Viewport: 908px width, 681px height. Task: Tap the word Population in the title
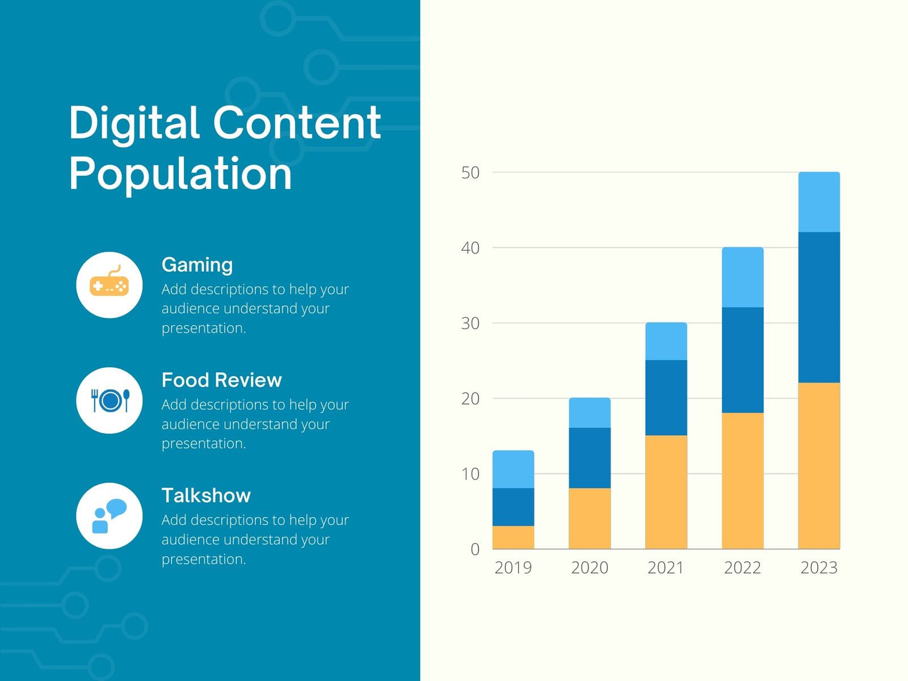(x=180, y=174)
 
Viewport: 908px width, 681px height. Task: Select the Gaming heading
(x=197, y=266)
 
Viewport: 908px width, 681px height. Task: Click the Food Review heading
(x=221, y=380)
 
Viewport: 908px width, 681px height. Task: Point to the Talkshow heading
(x=206, y=495)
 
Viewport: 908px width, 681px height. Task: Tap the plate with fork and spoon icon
(x=110, y=400)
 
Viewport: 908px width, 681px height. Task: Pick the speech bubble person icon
(x=109, y=516)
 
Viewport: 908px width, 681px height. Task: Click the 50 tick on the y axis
(x=470, y=173)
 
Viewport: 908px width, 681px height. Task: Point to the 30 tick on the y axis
(x=470, y=323)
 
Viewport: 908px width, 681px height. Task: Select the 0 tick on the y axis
(x=475, y=549)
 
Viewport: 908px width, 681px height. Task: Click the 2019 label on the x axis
(x=513, y=568)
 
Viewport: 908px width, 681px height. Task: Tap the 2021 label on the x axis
(x=666, y=568)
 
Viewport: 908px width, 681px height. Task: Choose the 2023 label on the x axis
(x=819, y=568)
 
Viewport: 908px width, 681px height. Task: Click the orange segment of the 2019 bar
(x=513, y=537)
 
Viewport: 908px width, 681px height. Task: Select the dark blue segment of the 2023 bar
(x=819, y=308)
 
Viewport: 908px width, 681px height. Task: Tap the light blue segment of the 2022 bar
(x=742, y=278)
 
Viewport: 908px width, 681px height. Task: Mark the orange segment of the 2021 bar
(x=666, y=492)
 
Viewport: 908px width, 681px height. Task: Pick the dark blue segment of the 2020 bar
(x=590, y=458)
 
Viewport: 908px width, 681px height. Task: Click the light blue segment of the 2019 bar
(x=513, y=469)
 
